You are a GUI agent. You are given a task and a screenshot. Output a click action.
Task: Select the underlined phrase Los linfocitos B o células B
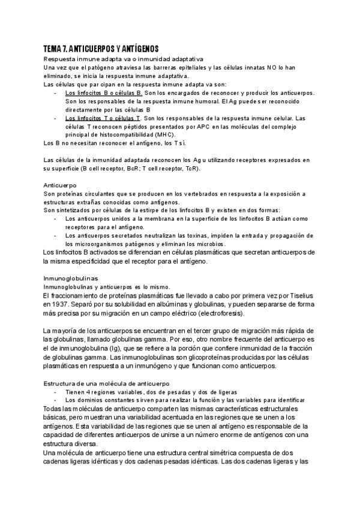[103, 94]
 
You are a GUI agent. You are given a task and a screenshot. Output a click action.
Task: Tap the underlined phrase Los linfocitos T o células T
[103, 119]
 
